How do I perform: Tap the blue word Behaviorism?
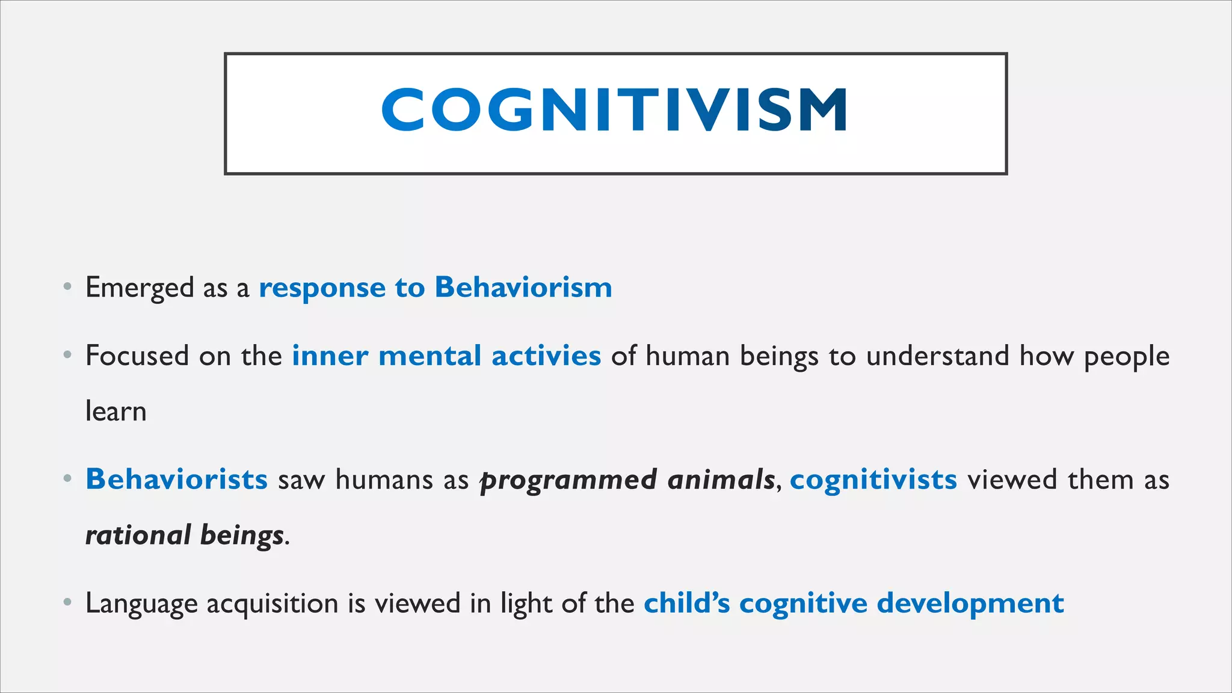click(x=523, y=287)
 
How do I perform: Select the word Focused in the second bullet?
click(x=137, y=356)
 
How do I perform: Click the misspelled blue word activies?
click(x=546, y=356)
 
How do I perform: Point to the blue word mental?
click(x=430, y=356)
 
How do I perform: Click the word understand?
click(x=937, y=356)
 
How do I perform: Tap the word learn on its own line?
click(x=116, y=411)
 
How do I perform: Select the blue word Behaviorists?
click(x=176, y=479)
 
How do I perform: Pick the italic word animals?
click(x=721, y=479)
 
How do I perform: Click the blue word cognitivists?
click(x=873, y=480)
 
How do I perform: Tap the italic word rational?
click(x=138, y=535)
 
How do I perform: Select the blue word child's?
click(x=686, y=603)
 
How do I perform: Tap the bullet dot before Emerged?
click(x=68, y=286)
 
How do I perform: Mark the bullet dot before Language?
click(x=68, y=602)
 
